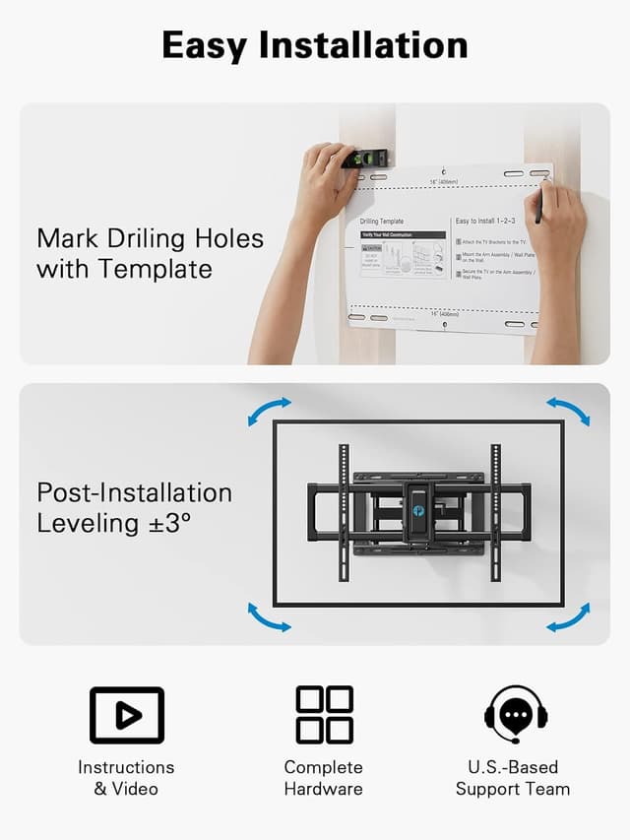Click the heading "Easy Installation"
[x=314, y=45]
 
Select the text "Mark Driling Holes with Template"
[x=150, y=253]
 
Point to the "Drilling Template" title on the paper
[x=382, y=222]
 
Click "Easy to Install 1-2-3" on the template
[x=485, y=221]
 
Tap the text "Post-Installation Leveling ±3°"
[x=134, y=507]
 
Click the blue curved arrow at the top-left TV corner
[x=269, y=412]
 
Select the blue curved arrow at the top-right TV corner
[x=568, y=411]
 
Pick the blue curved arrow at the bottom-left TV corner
[x=269, y=617]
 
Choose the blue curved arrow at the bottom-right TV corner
[x=568, y=617]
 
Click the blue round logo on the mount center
[x=419, y=510]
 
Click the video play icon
[x=127, y=715]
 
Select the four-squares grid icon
[x=324, y=715]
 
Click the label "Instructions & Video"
[x=127, y=778]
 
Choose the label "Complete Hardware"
[x=324, y=778]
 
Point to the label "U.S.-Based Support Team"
[x=512, y=778]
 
